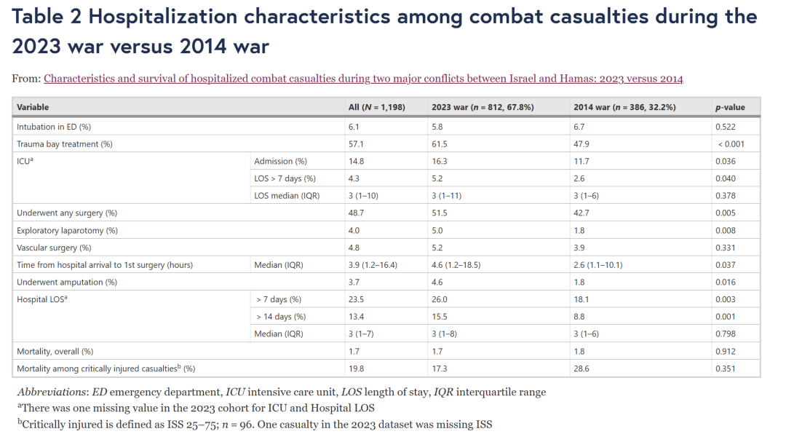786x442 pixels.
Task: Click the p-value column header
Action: (730, 107)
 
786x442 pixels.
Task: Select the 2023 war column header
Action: (483, 107)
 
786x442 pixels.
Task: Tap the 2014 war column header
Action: (624, 107)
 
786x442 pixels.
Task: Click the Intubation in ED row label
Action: (54, 127)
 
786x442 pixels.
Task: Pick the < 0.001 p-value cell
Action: (731, 144)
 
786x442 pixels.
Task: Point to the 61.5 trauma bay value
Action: (439, 144)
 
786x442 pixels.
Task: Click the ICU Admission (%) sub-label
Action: (280, 161)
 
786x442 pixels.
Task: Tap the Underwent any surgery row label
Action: (67, 213)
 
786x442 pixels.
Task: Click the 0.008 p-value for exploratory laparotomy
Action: (726, 230)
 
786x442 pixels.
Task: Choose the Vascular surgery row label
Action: (54, 248)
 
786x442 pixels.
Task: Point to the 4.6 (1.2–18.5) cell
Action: (456, 264)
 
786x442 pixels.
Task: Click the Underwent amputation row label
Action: (67, 282)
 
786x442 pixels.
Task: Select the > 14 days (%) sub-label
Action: (281, 317)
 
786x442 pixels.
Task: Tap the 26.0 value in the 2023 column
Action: (439, 299)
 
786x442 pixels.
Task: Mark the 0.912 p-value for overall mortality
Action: (726, 351)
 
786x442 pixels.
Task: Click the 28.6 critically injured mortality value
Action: (581, 368)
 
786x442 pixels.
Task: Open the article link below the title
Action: (363, 79)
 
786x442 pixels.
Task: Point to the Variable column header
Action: (33, 107)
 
